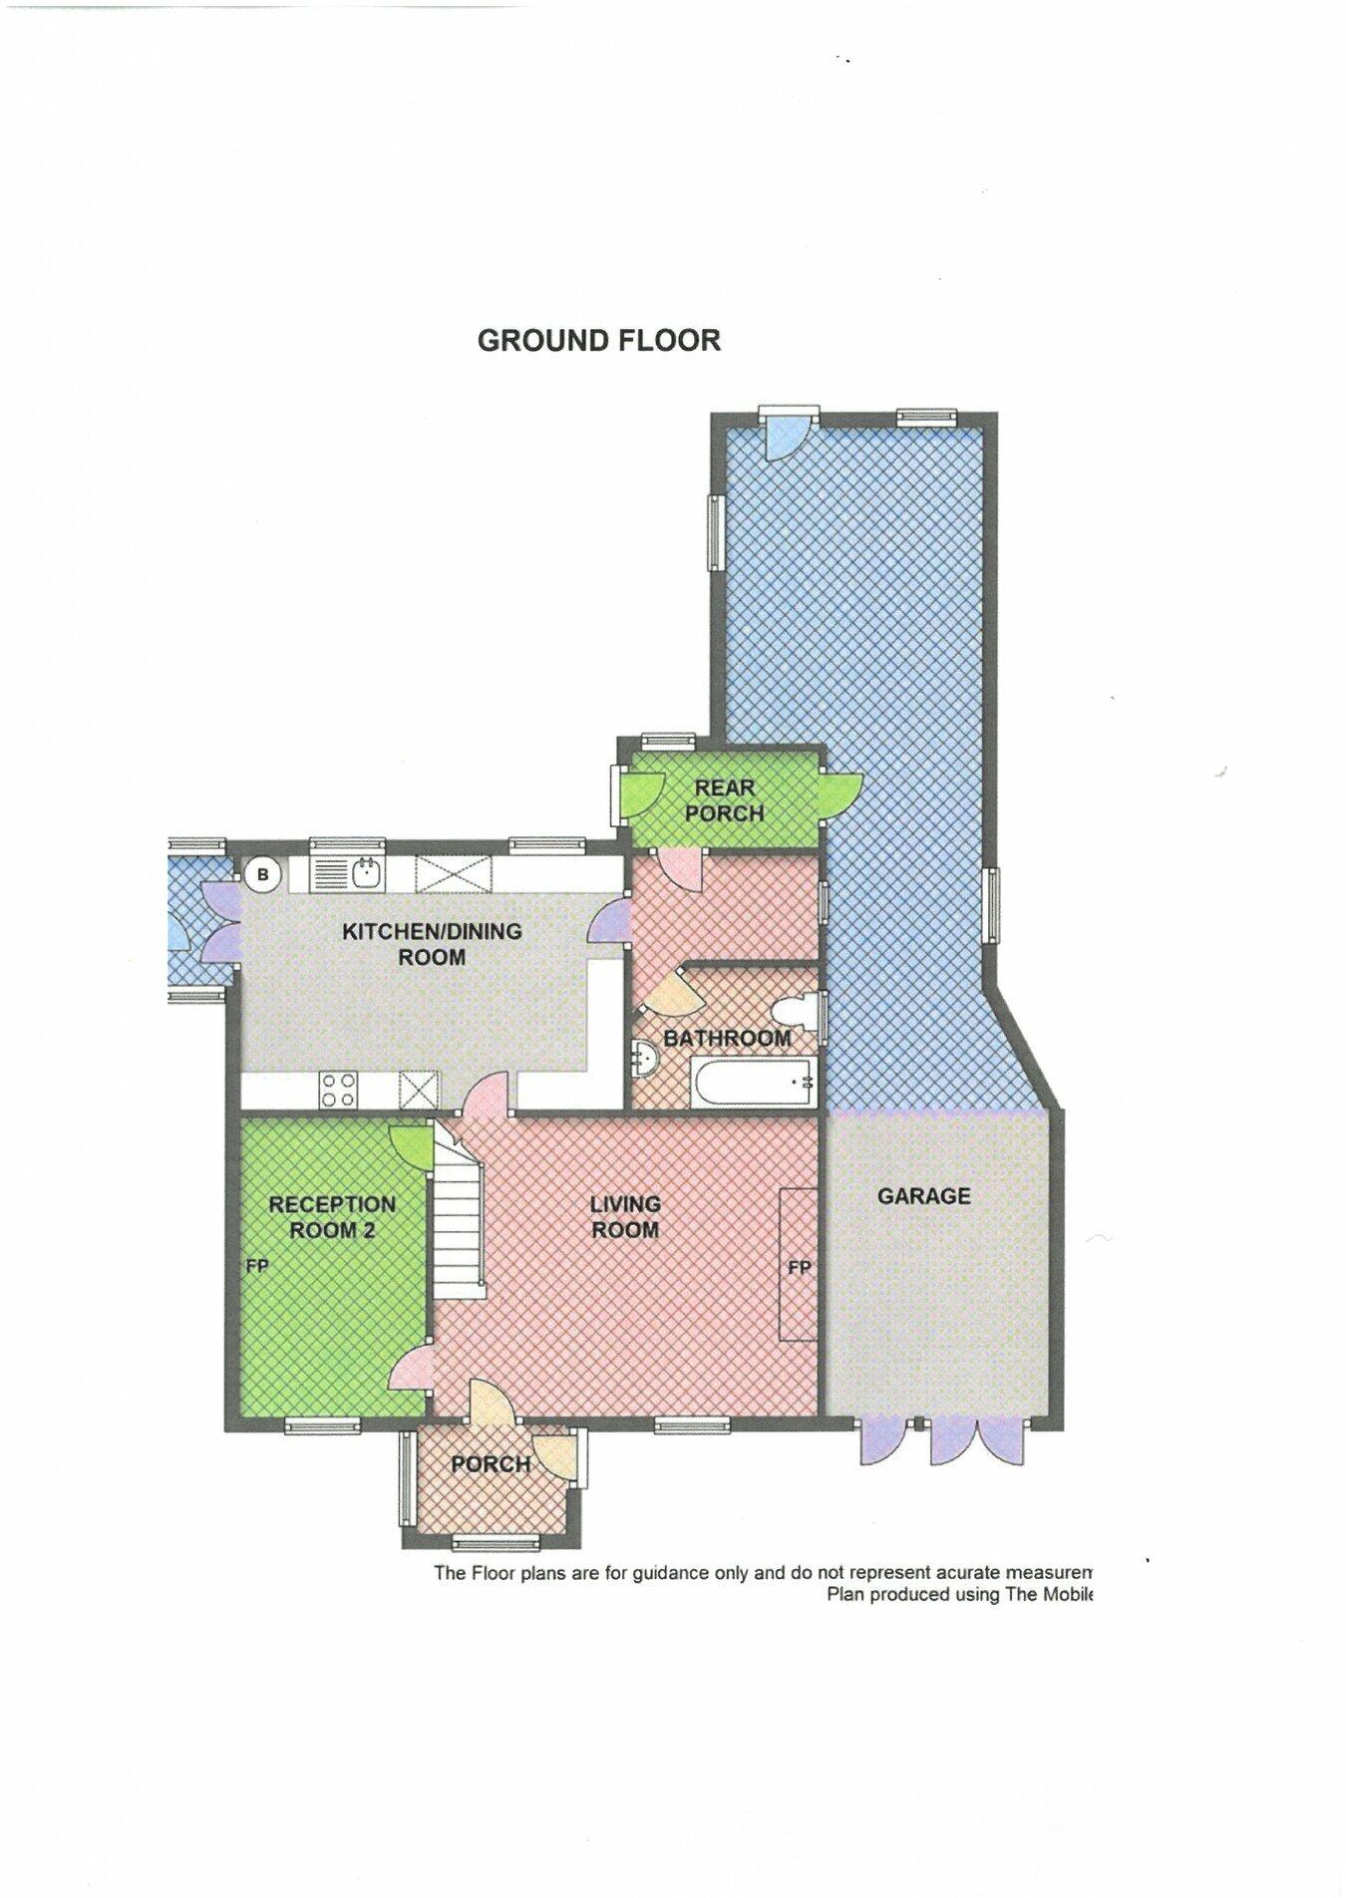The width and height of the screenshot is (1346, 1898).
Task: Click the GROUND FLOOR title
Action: (598, 340)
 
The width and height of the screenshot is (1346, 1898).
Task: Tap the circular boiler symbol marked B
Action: (263, 875)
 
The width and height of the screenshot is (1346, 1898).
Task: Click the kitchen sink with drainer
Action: (350, 874)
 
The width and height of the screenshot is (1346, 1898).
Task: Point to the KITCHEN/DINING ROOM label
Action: (432, 944)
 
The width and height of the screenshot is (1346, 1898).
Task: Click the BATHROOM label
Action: (727, 1038)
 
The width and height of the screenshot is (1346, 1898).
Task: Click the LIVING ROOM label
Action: (625, 1216)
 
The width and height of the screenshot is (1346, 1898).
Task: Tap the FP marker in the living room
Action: (799, 1268)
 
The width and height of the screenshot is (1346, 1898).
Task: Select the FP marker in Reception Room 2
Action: (257, 1267)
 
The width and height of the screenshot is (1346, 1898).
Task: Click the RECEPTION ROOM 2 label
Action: (332, 1216)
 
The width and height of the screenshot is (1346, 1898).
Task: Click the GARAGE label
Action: (923, 1195)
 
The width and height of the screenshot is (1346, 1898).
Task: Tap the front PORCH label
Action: (490, 1464)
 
